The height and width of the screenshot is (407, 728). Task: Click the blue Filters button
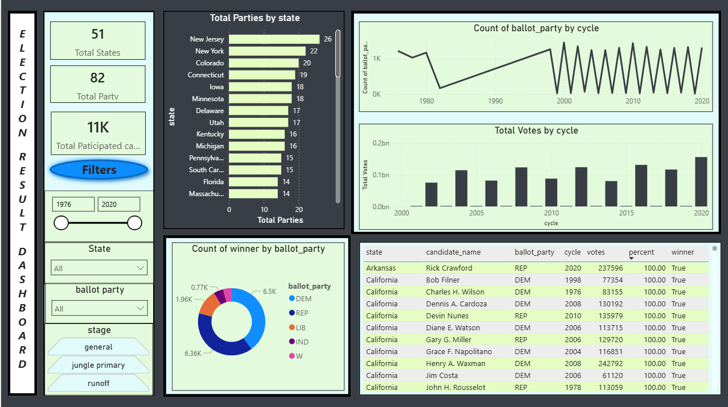tap(99, 169)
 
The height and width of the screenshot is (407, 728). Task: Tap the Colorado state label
tap(209, 63)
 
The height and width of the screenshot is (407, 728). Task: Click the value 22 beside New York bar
tap(314, 51)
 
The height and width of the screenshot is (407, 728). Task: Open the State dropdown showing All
tap(99, 268)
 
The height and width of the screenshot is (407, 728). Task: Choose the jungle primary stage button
tap(98, 365)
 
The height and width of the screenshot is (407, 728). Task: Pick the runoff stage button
tap(98, 383)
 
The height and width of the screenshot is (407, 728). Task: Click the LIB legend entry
tap(301, 327)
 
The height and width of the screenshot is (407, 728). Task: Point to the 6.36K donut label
tap(193, 353)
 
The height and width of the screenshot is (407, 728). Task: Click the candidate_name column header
tap(453, 252)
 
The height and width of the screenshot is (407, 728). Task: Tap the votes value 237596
tap(608, 268)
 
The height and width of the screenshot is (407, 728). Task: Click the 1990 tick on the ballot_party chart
tap(495, 101)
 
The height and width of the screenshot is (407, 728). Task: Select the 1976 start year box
tap(73, 204)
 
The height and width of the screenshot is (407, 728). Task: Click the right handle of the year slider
tap(135, 223)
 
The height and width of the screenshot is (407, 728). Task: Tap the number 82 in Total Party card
tap(97, 78)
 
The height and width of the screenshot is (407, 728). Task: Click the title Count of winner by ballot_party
tap(258, 248)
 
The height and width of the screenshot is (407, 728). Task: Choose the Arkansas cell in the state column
tap(381, 268)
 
